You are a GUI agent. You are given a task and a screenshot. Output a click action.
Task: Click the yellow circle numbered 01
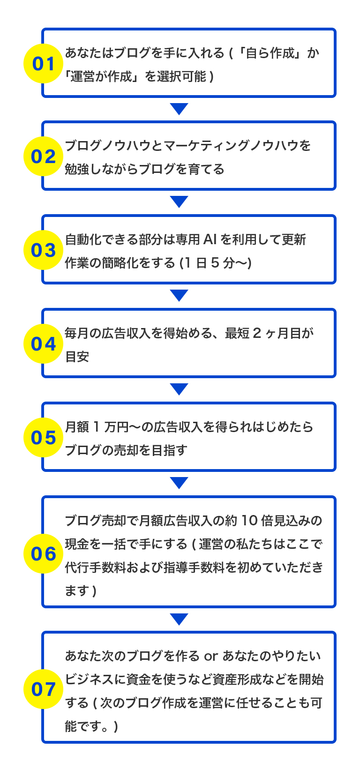point(44,63)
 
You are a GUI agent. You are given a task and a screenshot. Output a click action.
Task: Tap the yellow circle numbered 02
point(44,156)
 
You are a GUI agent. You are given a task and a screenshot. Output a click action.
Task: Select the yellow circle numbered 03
point(44,250)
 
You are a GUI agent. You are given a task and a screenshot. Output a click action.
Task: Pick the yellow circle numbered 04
point(44,343)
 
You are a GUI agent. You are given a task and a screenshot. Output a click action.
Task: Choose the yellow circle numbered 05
point(44,437)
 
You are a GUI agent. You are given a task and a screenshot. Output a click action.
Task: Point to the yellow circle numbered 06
point(44,553)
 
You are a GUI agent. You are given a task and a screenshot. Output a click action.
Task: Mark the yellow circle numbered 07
point(44,689)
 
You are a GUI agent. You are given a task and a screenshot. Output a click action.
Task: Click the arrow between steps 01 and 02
point(180,109)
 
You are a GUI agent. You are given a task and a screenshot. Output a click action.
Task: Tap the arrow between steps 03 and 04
point(180,295)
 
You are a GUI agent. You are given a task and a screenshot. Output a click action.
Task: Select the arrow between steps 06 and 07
point(180,619)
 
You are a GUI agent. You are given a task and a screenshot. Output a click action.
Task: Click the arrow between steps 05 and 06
point(180,483)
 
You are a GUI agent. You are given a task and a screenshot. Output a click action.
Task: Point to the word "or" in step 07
point(211,656)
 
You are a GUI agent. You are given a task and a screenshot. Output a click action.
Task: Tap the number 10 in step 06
point(249,520)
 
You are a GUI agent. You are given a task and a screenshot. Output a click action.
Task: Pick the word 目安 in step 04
point(77,357)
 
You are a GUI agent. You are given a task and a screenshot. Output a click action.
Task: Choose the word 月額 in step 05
point(77,427)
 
